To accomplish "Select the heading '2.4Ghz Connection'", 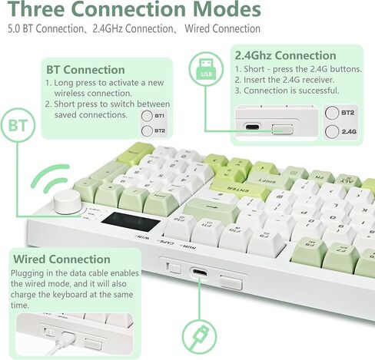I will [284, 56].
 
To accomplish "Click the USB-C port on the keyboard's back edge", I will [200, 272].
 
